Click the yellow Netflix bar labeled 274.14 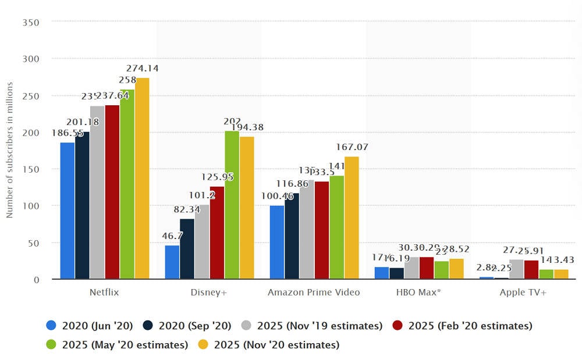[142, 179]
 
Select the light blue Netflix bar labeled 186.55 [68, 211]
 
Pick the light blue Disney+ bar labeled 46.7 [172, 262]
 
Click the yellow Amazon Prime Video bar [352, 218]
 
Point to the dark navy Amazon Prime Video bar [292, 236]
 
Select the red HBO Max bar [426, 268]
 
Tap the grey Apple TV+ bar [516, 269]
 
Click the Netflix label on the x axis [105, 293]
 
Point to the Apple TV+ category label [523, 293]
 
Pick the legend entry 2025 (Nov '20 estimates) [276, 345]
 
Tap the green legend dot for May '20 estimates [51, 345]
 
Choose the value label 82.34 [187, 210]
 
